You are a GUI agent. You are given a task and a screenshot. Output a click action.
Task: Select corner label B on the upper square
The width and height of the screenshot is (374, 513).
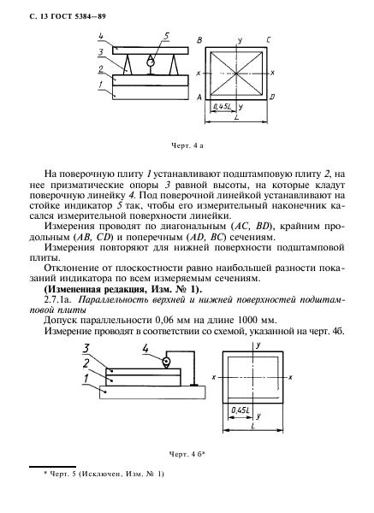[x=199, y=39]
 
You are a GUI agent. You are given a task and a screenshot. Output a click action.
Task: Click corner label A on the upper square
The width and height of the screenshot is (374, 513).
[x=199, y=97]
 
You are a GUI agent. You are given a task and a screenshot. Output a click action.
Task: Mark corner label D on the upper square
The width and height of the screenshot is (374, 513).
[x=272, y=97]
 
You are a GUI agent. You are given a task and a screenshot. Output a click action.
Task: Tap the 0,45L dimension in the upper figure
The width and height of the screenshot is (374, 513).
[x=223, y=106]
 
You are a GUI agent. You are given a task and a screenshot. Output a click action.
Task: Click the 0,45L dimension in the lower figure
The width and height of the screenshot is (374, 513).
[x=239, y=410]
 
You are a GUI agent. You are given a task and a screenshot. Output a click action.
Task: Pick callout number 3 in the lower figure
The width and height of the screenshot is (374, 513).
[x=88, y=347]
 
